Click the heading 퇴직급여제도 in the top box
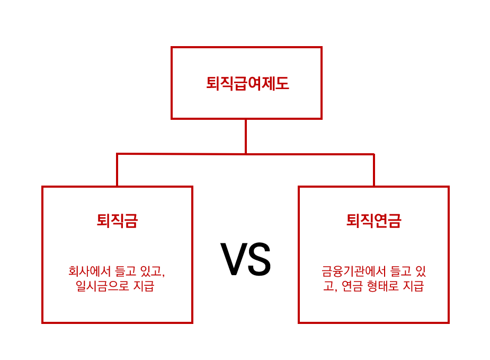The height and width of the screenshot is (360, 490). [x=247, y=83]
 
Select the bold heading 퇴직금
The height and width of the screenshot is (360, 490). [x=117, y=221]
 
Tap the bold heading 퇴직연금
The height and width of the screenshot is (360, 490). [x=373, y=221]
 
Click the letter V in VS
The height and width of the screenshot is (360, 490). [x=233, y=260]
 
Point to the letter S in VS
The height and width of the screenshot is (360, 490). [x=259, y=260]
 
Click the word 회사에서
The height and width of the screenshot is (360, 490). [x=90, y=271]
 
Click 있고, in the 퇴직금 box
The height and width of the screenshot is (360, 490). [x=154, y=271]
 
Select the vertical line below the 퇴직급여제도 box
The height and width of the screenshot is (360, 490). [x=246, y=136]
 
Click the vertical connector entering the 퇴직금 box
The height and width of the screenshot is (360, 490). [x=117, y=170]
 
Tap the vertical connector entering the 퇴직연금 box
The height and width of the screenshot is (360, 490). [x=374, y=170]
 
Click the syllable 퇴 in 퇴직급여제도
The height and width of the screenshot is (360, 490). [x=212, y=83]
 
